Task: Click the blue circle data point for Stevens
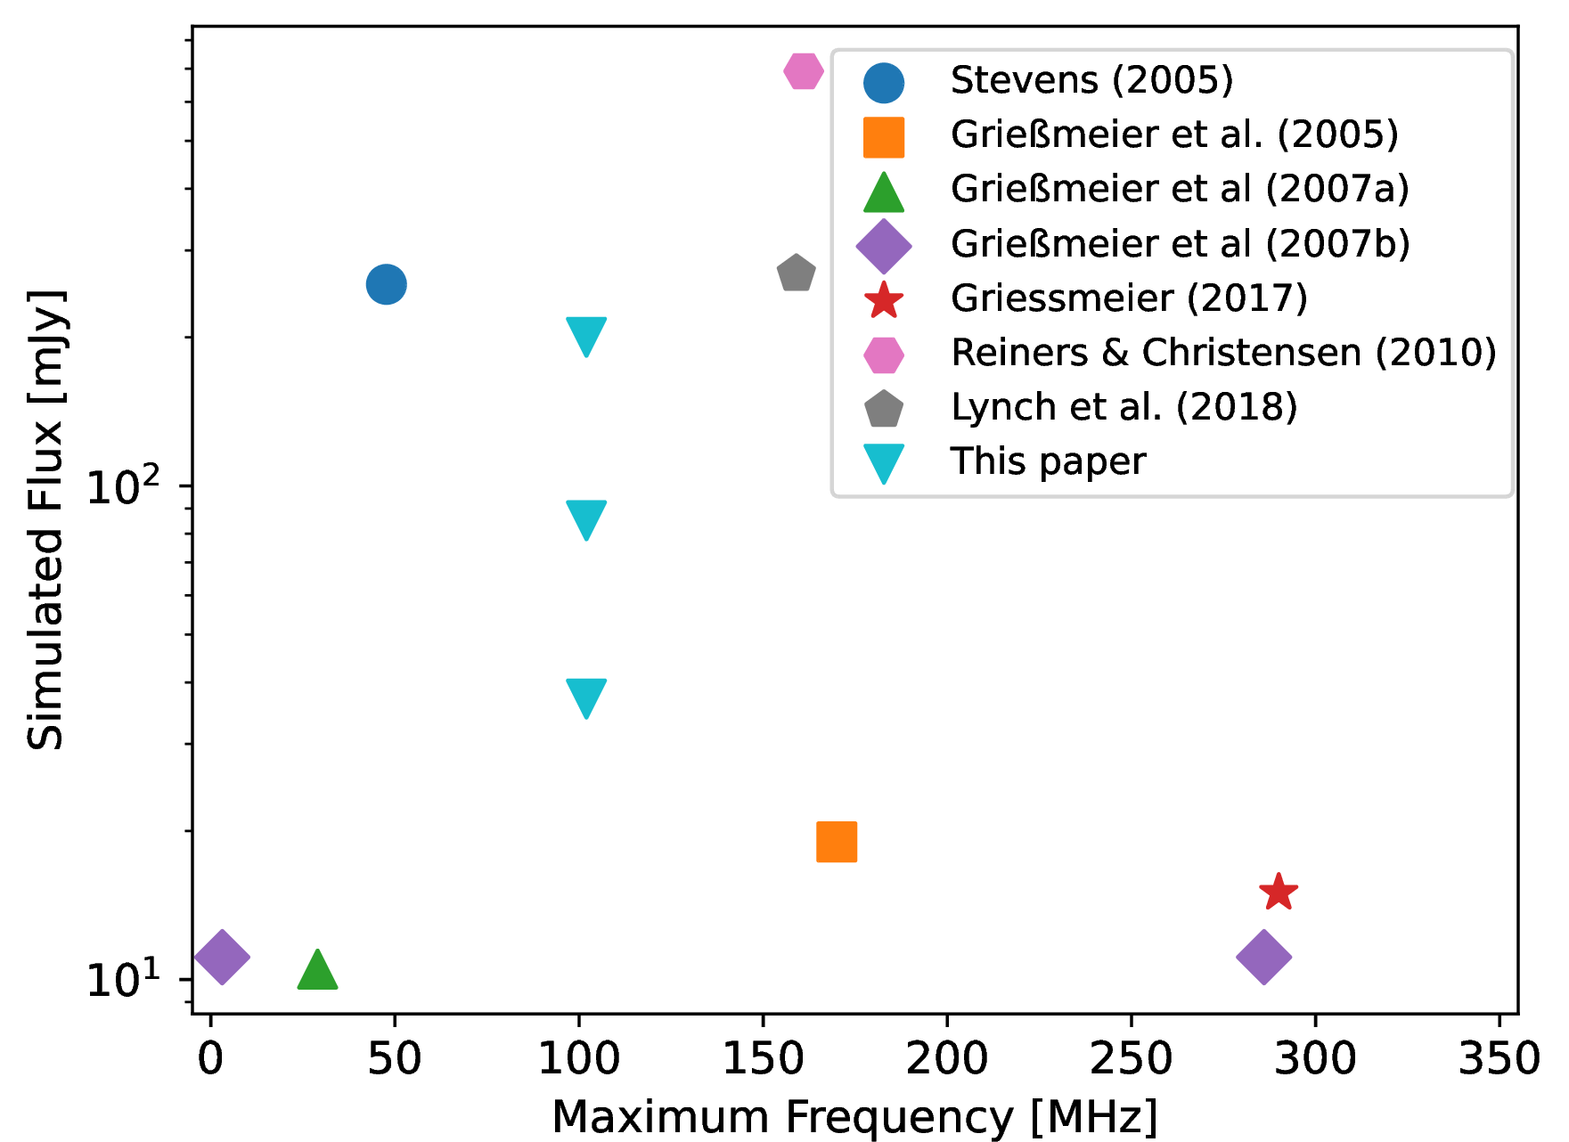click(x=387, y=284)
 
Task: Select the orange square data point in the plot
click(x=837, y=842)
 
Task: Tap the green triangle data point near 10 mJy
click(x=317, y=971)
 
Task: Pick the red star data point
click(x=1279, y=892)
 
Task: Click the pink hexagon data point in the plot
click(x=804, y=71)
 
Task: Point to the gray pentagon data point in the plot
click(x=796, y=273)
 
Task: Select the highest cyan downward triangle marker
click(x=586, y=335)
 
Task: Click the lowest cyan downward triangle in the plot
click(x=586, y=697)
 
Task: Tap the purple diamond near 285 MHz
click(x=1263, y=958)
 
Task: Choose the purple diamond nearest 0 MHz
click(x=222, y=958)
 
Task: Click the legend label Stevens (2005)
click(x=1091, y=80)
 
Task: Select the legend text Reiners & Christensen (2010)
click(x=1223, y=353)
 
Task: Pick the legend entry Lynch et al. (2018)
click(x=1124, y=407)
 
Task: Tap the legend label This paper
click(x=1048, y=461)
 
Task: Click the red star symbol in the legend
click(x=884, y=300)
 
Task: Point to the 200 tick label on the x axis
click(x=947, y=1059)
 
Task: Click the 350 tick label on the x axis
click(x=1500, y=1059)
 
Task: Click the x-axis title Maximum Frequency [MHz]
click(x=854, y=1117)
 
